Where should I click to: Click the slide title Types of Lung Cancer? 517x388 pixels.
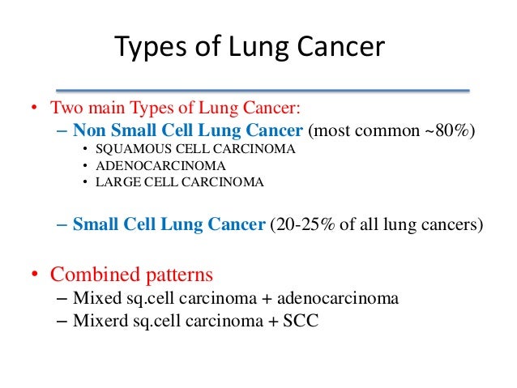(249, 48)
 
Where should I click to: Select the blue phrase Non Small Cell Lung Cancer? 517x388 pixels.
(188, 130)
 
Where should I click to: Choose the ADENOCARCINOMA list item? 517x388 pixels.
(160, 166)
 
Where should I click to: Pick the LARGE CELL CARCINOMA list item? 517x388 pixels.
(179, 182)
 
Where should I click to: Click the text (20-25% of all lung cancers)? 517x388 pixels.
(376, 224)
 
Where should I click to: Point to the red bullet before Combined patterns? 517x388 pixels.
(36, 274)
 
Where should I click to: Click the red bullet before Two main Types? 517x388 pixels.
(36, 109)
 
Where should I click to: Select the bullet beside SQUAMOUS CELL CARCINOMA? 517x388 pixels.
(86, 151)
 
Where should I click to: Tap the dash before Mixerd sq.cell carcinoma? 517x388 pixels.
(64, 320)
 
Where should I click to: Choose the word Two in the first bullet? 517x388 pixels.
(64, 109)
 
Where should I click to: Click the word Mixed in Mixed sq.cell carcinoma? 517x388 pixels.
(96, 297)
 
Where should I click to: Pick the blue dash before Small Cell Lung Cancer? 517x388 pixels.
(63, 224)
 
